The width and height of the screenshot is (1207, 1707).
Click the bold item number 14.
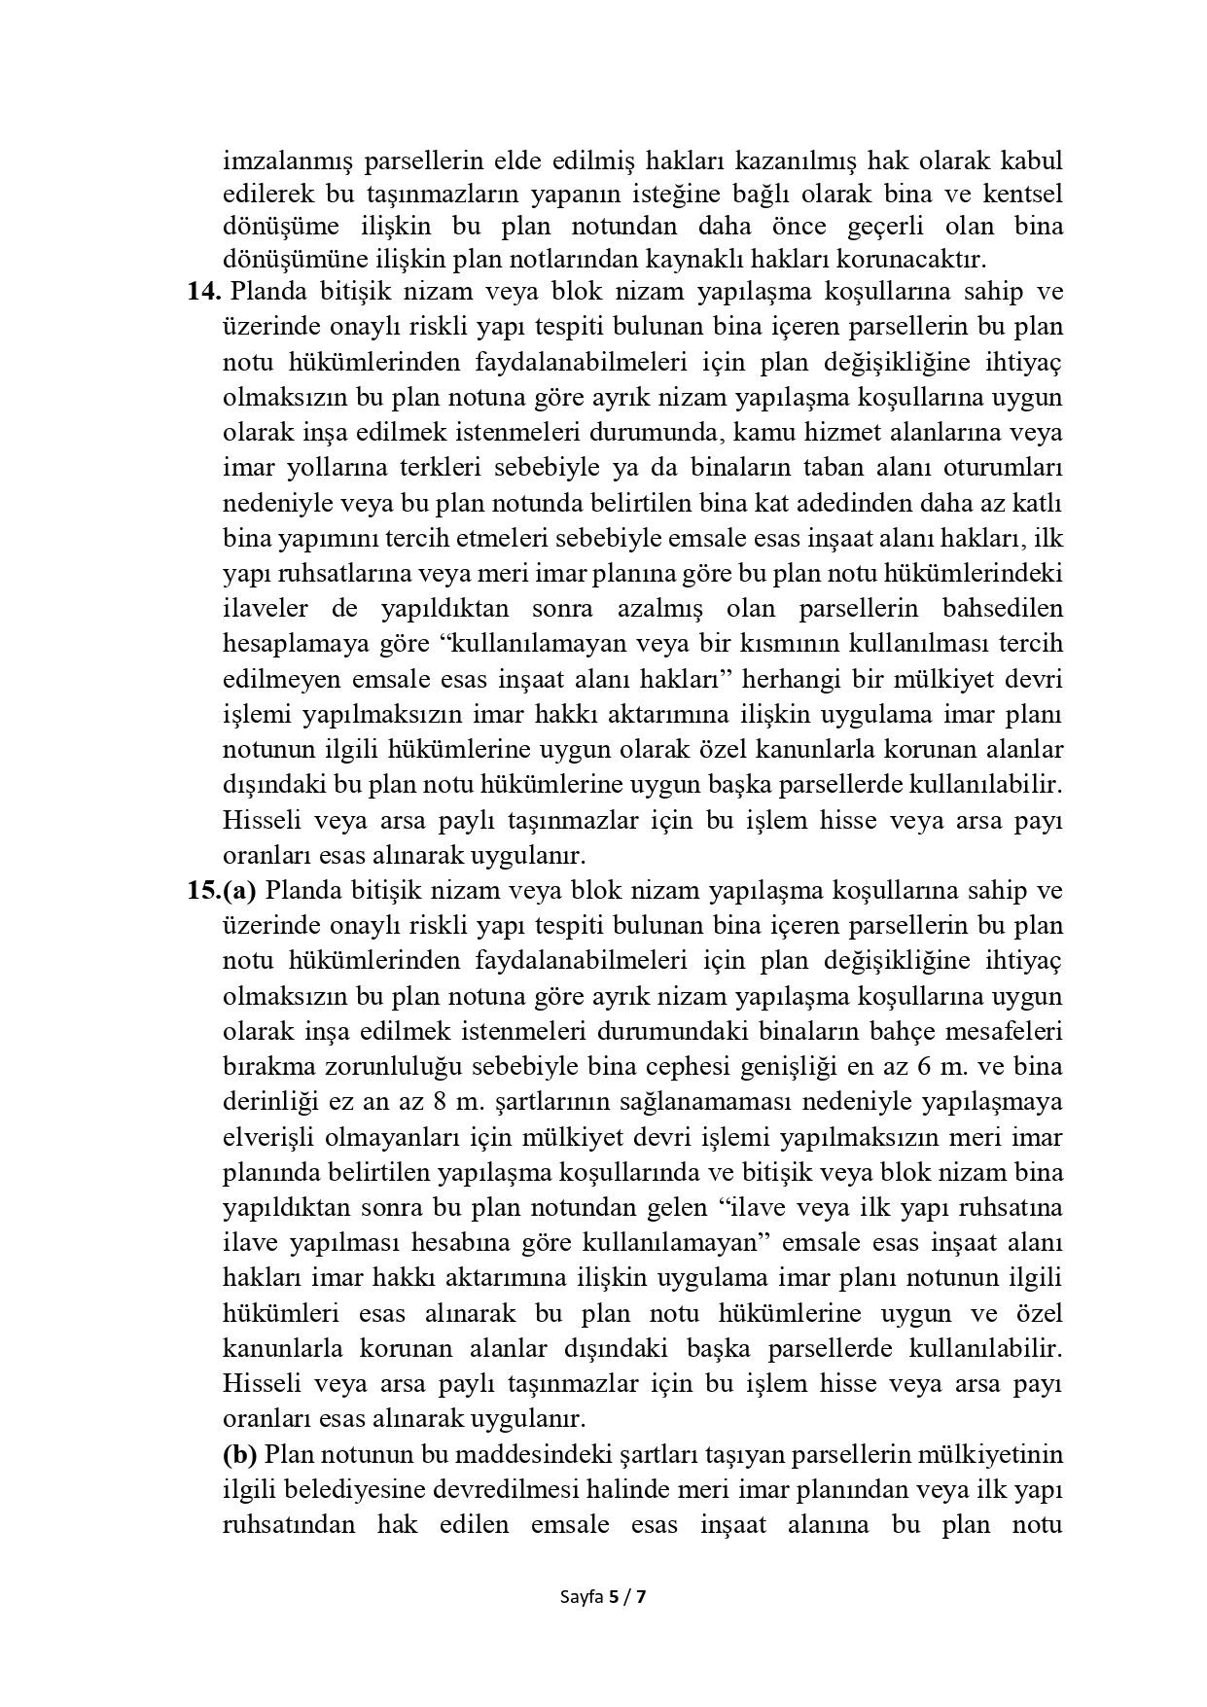204,292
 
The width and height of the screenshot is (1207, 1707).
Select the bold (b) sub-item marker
239,1455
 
